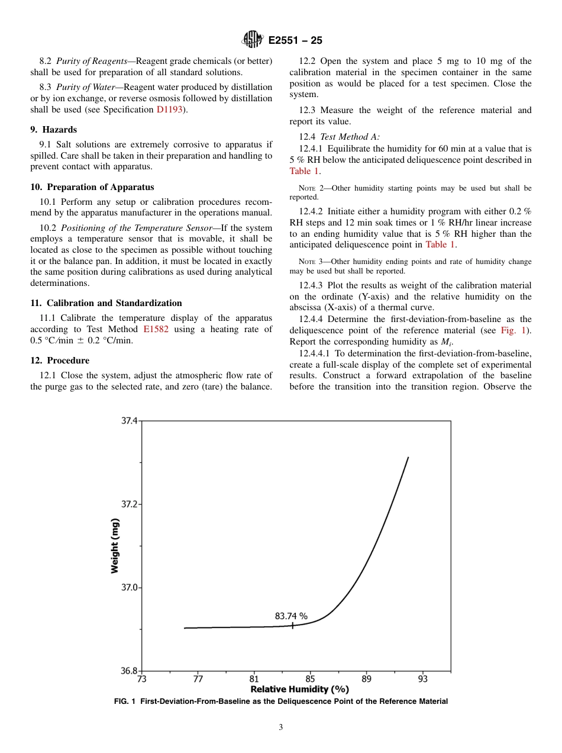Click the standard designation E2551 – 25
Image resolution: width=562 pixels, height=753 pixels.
pos(295,40)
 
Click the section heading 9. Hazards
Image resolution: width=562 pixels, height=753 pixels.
pos(53,130)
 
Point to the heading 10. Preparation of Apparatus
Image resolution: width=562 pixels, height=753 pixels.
pos(92,187)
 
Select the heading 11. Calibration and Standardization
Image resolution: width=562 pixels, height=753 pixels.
pos(106,303)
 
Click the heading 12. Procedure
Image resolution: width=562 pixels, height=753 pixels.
pos(60,361)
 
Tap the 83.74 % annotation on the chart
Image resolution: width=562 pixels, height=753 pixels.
pos(291,616)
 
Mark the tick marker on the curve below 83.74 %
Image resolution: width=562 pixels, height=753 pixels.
pos(292,625)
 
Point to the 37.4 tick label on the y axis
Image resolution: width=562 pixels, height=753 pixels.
pos(129,421)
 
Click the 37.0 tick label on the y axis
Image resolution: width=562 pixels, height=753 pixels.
pos(129,588)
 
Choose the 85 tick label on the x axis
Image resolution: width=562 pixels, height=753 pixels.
pos(310,679)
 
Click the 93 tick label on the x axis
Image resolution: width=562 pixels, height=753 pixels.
pos(422,679)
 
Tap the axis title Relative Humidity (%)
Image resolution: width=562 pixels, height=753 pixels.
pos(299,689)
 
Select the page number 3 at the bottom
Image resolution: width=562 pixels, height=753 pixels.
pos(281,728)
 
